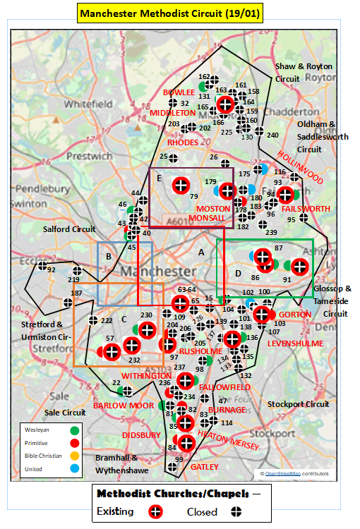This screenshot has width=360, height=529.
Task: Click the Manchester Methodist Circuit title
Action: pos(180,13)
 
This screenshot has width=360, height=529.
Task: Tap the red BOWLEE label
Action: pos(179,92)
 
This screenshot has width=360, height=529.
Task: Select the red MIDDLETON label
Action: pos(173,113)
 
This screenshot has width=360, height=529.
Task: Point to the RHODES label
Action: pos(182,142)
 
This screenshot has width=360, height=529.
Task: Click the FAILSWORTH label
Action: pos(305,209)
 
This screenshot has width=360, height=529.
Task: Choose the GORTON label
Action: pos(295,315)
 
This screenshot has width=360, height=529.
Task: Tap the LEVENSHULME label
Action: pos(294,343)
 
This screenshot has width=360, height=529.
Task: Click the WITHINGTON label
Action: pos(146,376)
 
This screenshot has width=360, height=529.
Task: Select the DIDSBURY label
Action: pos(142,435)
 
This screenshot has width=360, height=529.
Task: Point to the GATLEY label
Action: pos(205,467)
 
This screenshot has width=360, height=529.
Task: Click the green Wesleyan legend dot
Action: pos(75,430)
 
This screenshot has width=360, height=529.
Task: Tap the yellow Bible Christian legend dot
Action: pos(75,456)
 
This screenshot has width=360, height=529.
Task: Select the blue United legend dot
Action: pos(75,470)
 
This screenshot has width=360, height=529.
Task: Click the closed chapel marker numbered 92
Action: pos(42,267)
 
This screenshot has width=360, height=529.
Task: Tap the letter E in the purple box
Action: pos(160,178)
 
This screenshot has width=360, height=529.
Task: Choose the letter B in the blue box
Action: pos(108,256)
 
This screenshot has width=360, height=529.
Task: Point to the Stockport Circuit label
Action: pos(298,404)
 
